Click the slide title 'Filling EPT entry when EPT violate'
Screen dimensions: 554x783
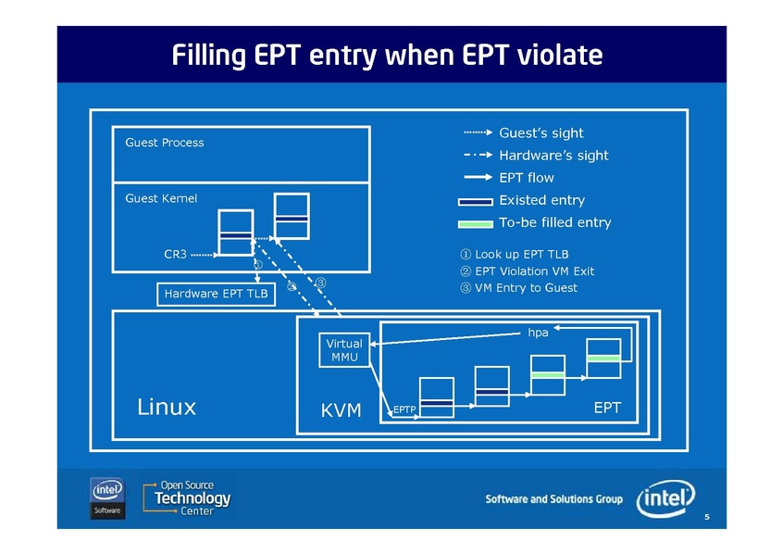pyautogui.click(x=387, y=56)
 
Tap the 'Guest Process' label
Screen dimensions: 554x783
pyautogui.click(x=164, y=143)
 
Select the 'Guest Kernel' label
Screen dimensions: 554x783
pyautogui.click(x=161, y=198)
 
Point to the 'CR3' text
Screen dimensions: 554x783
pyautogui.click(x=175, y=253)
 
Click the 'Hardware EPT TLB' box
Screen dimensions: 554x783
pyautogui.click(x=215, y=295)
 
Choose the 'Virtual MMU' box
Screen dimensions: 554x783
pyautogui.click(x=343, y=350)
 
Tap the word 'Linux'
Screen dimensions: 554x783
pyautogui.click(x=167, y=407)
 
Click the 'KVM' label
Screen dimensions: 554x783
pyautogui.click(x=341, y=409)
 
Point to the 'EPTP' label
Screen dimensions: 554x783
pyautogui.click(x=404, y=409)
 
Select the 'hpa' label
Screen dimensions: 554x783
pyautogui.click(x=538, y=331)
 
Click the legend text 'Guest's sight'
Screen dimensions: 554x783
pyautogui.click(x=541, y=133)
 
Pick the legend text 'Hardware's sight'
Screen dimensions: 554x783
pyautogui.click(x=553, y=156)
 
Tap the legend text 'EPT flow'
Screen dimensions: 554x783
pyautogui.click(x=527, y=178)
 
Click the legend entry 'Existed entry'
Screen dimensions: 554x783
pyautogui.click(x=541, y=200)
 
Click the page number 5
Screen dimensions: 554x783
pyautogui.click(x=707, y=516)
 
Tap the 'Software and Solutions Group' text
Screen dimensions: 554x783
pyautogui.click(x=554, y=499)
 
